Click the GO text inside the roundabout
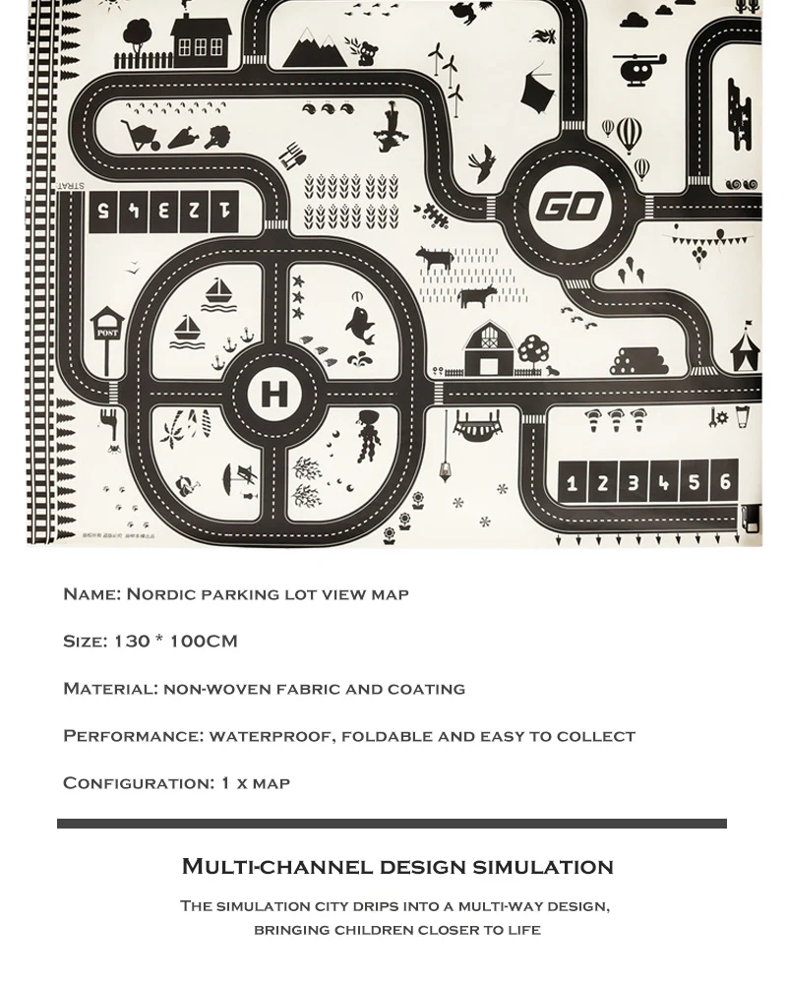click(569, 207)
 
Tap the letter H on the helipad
click(272, 395)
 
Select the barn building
click(488, 349)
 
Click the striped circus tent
click(745, 349)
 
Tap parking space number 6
click(725, 482)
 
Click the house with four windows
click(201, 39)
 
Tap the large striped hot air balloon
click(629, 133)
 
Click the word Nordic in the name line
click(159, 593)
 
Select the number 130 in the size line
click(131, 641)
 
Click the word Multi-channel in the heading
click(275, 866)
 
